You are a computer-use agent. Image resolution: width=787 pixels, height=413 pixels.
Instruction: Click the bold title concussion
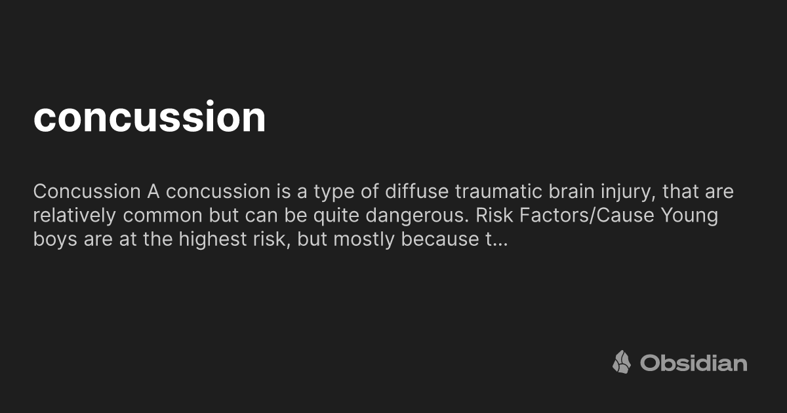click(150, 117)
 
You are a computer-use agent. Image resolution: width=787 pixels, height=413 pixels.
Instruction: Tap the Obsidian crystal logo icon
click(622, 362)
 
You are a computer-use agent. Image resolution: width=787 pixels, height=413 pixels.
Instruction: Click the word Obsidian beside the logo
click(693, 363)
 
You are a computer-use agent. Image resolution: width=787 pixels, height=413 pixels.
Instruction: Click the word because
click(437, 239)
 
